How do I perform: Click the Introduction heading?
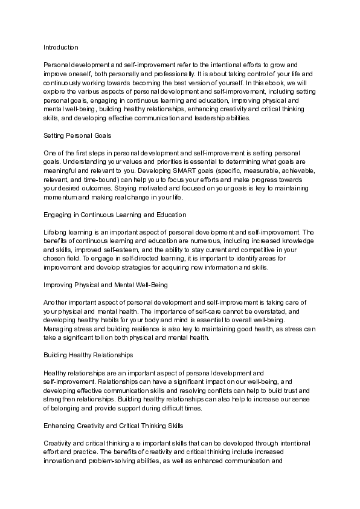(60, 47)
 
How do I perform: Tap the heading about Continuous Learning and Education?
(115, 214)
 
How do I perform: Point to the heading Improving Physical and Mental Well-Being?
(104, 284)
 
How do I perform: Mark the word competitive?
(262, 249)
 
